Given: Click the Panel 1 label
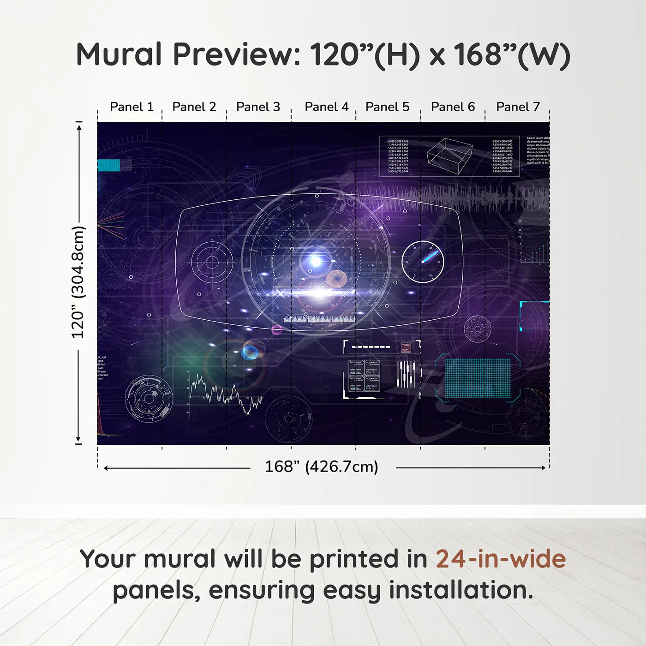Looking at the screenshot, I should [x=132, y=107].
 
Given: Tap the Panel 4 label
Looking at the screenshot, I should [x=326, y=107].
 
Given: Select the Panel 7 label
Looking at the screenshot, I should [x=518, y=107].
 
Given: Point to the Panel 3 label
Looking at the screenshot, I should [x=258, y=107].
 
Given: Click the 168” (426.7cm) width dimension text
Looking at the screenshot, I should [x=321, y=467].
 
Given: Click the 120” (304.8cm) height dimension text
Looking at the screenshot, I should [x=78, y=282].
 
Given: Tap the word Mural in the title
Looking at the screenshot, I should [x=119, y=54].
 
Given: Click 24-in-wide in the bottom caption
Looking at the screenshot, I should [x=500, y=559].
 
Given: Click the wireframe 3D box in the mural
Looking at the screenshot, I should [x=449, y=156].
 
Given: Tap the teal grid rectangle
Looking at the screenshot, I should [x=478, y=378].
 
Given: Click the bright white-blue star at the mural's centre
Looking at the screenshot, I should [x=316, y=261].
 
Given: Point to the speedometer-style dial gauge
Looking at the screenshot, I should [x=422, y=262].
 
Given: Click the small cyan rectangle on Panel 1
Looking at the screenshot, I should [x=109, y=165].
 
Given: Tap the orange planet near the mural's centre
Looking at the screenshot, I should [x=336, y=279].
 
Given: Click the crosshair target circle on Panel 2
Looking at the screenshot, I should [x=212, y=262].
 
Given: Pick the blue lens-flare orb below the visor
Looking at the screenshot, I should [x=250, y=353].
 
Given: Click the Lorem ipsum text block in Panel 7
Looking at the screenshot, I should [x=538, y=150].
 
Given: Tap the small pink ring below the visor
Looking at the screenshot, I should [x=276, y=329].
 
